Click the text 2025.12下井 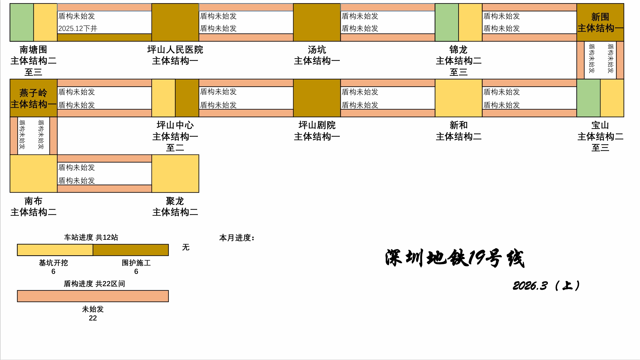[x=78, y=28]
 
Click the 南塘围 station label [x=33, y=50]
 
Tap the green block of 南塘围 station [x=22, y=22]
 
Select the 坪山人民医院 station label [x=175, y=50]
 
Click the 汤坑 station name [x=317, y=50]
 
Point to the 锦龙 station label [x=458, y=50]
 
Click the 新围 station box [x=600, y=22]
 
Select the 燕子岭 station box [x=33, y=98]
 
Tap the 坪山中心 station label [x=175, y=125]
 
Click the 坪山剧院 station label [x=317, y=125]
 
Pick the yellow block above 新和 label [x=458, y=98]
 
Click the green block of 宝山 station [x=589, y=98]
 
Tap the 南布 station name [x=33, y=201]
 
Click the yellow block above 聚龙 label [x=175, y=174]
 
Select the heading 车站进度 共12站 [x=91, y=237]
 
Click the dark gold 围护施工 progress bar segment [x=131, y=250]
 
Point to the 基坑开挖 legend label [x=54, y=263]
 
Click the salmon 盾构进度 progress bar [x=93, y=296]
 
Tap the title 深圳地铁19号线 [x=455, y=258]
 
